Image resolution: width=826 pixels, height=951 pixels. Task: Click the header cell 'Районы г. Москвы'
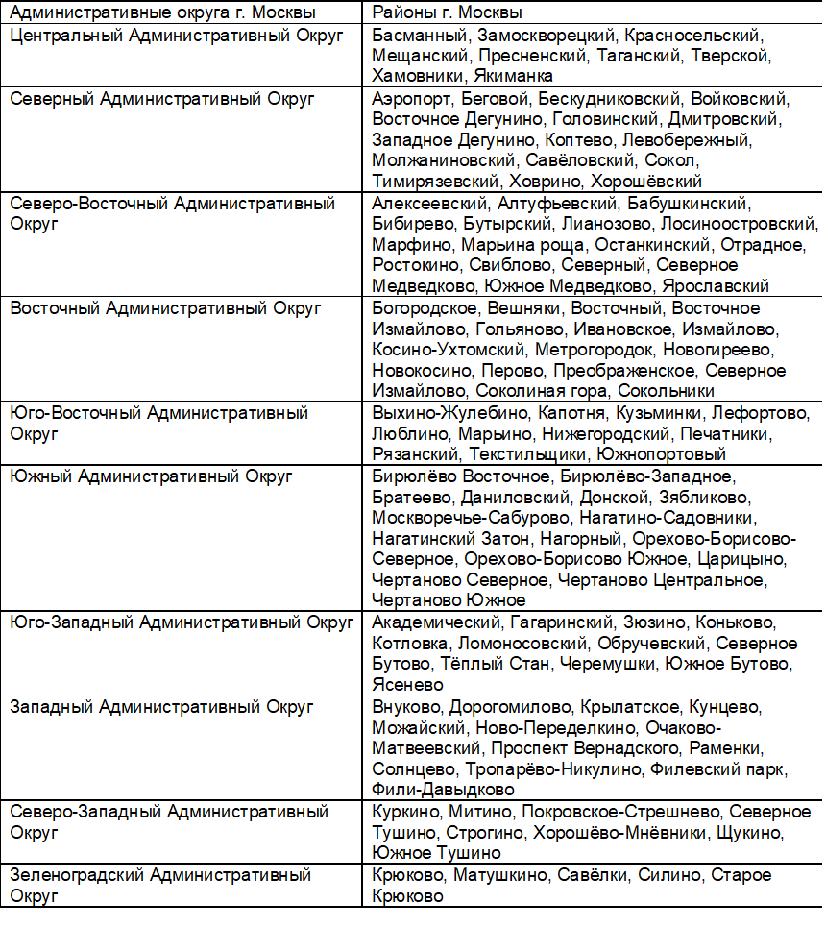pos(447,13)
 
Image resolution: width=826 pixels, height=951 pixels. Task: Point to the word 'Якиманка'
pos(513,76)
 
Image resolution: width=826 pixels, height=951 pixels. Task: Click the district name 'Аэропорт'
pos(411,99)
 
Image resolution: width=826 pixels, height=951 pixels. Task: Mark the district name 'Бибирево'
pos(405,224)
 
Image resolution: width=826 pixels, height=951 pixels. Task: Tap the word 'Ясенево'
pos(407,685)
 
